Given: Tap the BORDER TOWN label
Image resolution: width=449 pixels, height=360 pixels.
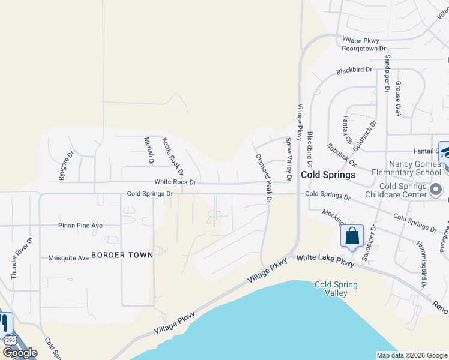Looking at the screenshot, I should [x=122, y=255].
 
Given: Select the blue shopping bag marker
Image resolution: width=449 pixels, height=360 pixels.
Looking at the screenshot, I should [x=352, y=236].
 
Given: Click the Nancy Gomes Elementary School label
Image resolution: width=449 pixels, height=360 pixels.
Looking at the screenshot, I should [x=406, y=168].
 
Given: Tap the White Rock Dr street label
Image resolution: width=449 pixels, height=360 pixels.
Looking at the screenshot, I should [x=175, y=182].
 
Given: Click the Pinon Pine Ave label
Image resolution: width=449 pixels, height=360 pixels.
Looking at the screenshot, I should [x=80, y=226].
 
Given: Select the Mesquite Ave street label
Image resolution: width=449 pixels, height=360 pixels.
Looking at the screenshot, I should [x=69, y=258].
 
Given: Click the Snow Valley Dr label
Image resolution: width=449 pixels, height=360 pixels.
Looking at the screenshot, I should [x=289, y=155].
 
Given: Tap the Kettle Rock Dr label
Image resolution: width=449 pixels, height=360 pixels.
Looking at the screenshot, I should [x=172, y=157].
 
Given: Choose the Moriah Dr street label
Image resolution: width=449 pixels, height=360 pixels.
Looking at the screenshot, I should [x=149, y=151].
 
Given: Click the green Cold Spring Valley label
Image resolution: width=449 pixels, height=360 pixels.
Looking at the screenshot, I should [x=336, y=289].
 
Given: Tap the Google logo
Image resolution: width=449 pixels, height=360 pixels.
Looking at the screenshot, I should [x=20, y=353].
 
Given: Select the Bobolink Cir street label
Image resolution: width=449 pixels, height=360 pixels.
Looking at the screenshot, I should [x=342, y=154].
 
